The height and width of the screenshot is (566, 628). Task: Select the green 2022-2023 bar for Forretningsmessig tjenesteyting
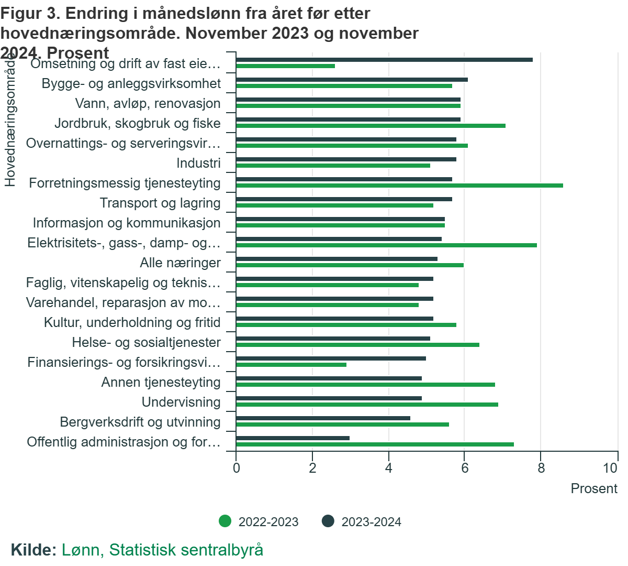(399, 186)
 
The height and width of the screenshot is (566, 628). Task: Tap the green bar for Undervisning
(367, 405)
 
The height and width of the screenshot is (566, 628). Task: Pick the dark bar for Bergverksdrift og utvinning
(323, 418)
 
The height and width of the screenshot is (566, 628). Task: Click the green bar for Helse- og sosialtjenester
(357, 345)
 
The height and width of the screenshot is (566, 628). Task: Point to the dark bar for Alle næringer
(337, 259)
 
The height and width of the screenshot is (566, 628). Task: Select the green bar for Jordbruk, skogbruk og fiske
(371, 126)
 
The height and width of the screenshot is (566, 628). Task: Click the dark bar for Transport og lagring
(344, 199)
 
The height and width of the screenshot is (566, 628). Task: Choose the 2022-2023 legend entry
(259, 522)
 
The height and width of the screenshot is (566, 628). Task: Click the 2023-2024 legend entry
(362, 522)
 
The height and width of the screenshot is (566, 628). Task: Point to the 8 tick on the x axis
(541, 468)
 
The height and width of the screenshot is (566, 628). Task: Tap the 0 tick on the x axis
(237, 468)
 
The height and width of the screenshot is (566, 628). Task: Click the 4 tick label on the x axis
(388, 468)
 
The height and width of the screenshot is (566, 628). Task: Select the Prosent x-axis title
(593, 489)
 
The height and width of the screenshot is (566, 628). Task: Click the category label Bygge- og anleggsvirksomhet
(131, 84)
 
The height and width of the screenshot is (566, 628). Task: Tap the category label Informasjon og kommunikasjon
(127, 223)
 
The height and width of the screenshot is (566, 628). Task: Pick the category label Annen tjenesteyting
(161, 383)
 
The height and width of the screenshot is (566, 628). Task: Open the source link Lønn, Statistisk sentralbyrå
(162, 550)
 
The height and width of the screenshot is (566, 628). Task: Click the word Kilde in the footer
(33, 550)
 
